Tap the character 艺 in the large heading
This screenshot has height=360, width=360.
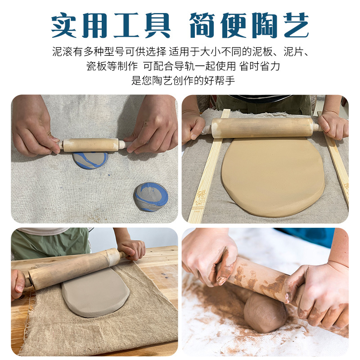pyautogui.click(x=296, y=25)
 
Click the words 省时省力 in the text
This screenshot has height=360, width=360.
pyautogui.click(x=260, y=66)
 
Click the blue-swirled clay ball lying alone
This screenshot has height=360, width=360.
pyautogui.click(x=151, y=197)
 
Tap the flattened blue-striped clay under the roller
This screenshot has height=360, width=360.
pyautogui.click(x=90, y=160)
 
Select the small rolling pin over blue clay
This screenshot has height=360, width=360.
pyautogui.click(x=92, y=144)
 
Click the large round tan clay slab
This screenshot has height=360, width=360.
pyautogui.click(x=273, y=177)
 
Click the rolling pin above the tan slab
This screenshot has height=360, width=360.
pyautogui.click(x=263, y=128)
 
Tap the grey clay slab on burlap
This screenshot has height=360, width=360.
pyautogui.click(x=95, y=292)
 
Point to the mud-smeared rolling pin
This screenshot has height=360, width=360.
pyautogui.click(x=262, y=279)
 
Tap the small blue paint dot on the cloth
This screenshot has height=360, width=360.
pyautogui.click(x=109, y=175)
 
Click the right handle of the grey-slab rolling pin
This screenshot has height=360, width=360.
pyautogui.click(x=123, y=254)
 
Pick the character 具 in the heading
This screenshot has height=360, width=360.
pyautogui.click(x=157, y=25)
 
